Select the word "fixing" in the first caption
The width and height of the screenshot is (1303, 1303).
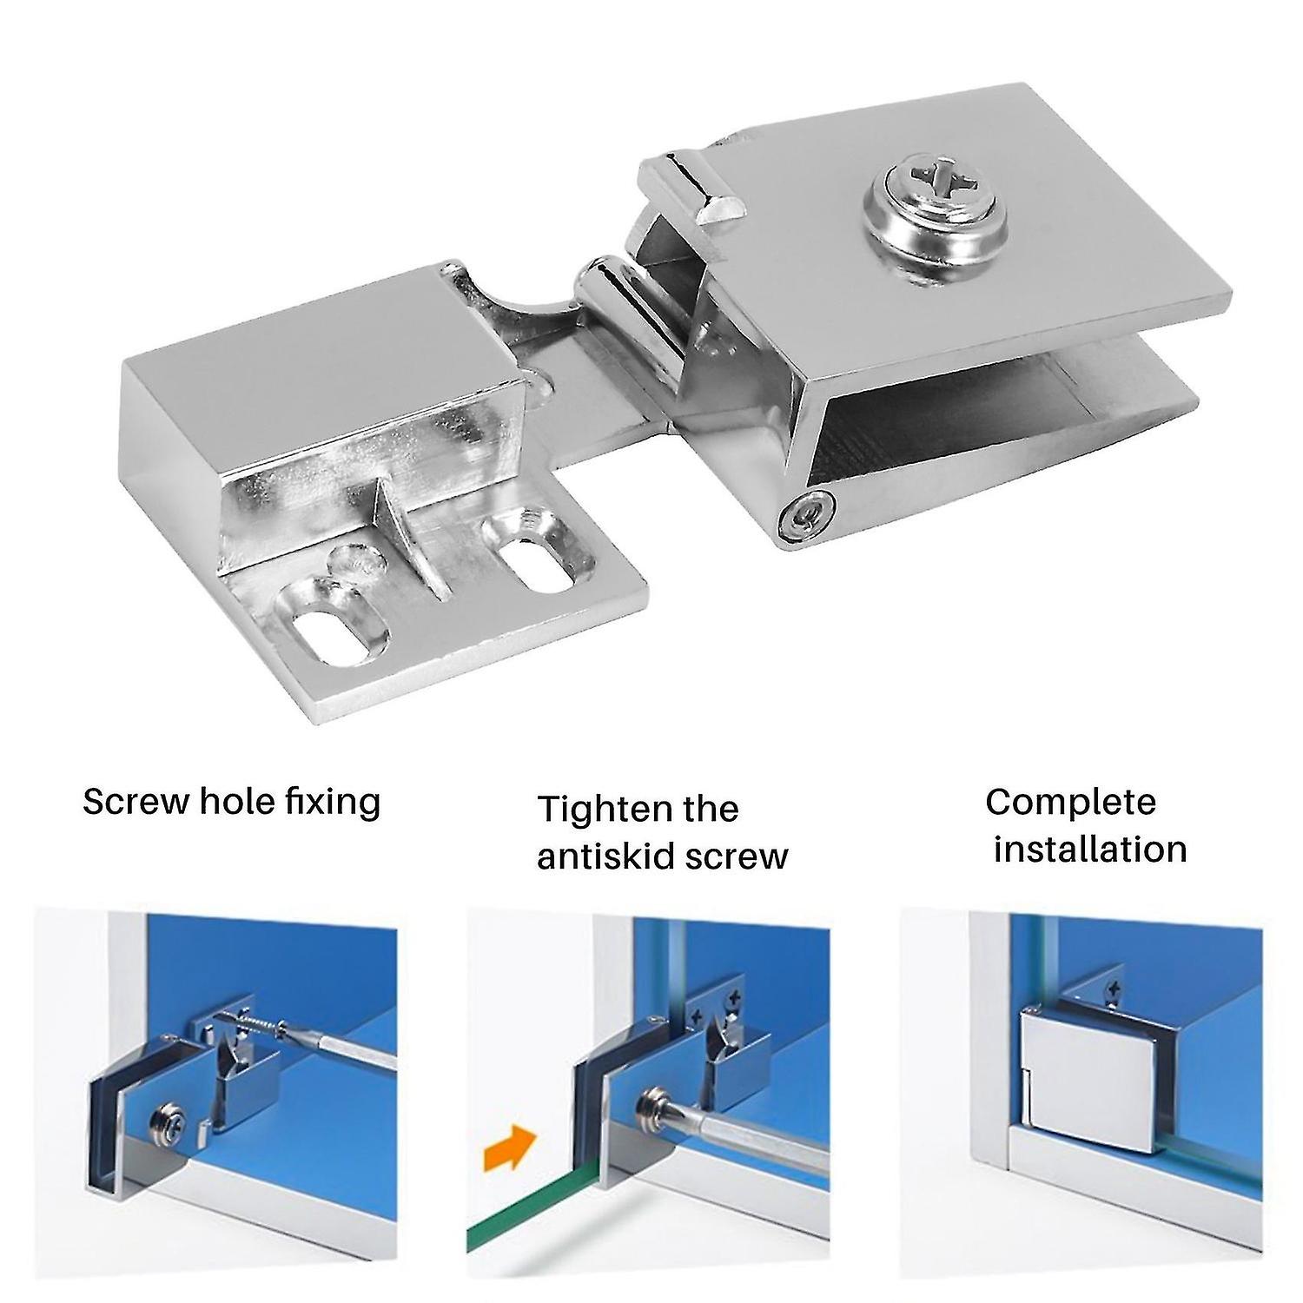point(334,801)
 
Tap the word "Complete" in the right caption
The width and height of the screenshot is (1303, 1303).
point(1070,801)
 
